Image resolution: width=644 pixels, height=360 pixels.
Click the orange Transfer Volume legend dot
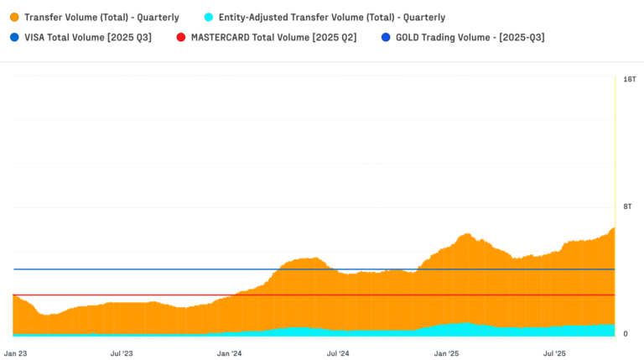click(13, 17)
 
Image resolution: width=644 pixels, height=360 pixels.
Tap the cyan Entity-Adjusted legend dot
click(208, 17)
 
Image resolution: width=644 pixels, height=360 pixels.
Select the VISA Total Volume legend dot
click(13, 37)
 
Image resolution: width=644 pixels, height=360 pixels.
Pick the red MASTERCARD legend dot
click(180, 37)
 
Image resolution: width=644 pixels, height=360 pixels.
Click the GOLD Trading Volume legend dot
click(385, 37)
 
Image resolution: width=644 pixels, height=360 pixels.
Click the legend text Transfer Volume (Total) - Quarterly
click(101, 17)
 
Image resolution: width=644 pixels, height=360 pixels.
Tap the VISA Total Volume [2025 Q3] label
click(88, 37)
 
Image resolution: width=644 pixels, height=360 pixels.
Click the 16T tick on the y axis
click(630, 79)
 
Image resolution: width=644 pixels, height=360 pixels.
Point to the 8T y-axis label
click(628, 206)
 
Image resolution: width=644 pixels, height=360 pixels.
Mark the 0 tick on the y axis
click(625, 334)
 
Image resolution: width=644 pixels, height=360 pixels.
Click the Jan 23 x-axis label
click(17, 353)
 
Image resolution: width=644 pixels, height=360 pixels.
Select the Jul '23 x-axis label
click(122, 353)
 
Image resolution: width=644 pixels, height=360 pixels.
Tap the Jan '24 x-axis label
click(230, 353)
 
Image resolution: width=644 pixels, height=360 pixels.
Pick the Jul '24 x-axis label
click(337, 353)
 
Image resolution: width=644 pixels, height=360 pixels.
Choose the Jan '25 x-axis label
click(446, 353)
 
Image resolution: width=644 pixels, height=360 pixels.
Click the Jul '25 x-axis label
click(554, 353)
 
